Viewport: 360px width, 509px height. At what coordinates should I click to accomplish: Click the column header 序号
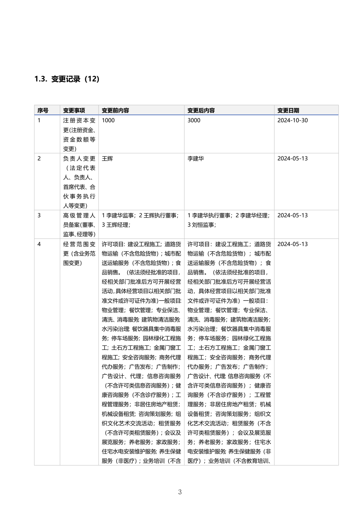point(43,110)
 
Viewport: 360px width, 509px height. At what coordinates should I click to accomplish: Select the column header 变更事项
point(74,110)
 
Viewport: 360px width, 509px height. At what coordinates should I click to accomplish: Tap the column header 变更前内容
point(115,110)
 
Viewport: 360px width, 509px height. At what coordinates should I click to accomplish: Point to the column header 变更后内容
point(201,110)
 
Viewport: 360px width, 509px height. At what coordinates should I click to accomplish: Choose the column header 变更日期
point(288,110)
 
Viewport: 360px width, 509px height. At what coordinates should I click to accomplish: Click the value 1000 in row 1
point(108,120)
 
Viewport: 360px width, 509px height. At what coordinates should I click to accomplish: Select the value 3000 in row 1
point(194,120)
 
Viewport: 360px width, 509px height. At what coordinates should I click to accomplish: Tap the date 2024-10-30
point(292,120)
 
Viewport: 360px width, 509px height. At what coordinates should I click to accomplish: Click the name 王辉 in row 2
point(107,159)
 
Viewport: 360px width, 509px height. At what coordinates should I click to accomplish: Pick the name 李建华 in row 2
point(196,159)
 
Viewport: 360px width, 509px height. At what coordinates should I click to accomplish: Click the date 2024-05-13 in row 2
point(292,159)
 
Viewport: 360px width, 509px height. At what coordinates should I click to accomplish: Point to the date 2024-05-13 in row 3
point(292,215)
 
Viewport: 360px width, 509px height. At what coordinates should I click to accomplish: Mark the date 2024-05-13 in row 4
point(292,244)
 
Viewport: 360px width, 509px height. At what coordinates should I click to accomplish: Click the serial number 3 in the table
point(39,215)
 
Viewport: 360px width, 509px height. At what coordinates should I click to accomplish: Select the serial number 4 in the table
point(39,244)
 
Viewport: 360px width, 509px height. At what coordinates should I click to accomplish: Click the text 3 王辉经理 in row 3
point(116,225)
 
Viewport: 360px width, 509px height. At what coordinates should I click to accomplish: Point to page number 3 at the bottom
point(180,492)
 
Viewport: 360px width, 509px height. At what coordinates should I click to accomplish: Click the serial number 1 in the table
point(39,120)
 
